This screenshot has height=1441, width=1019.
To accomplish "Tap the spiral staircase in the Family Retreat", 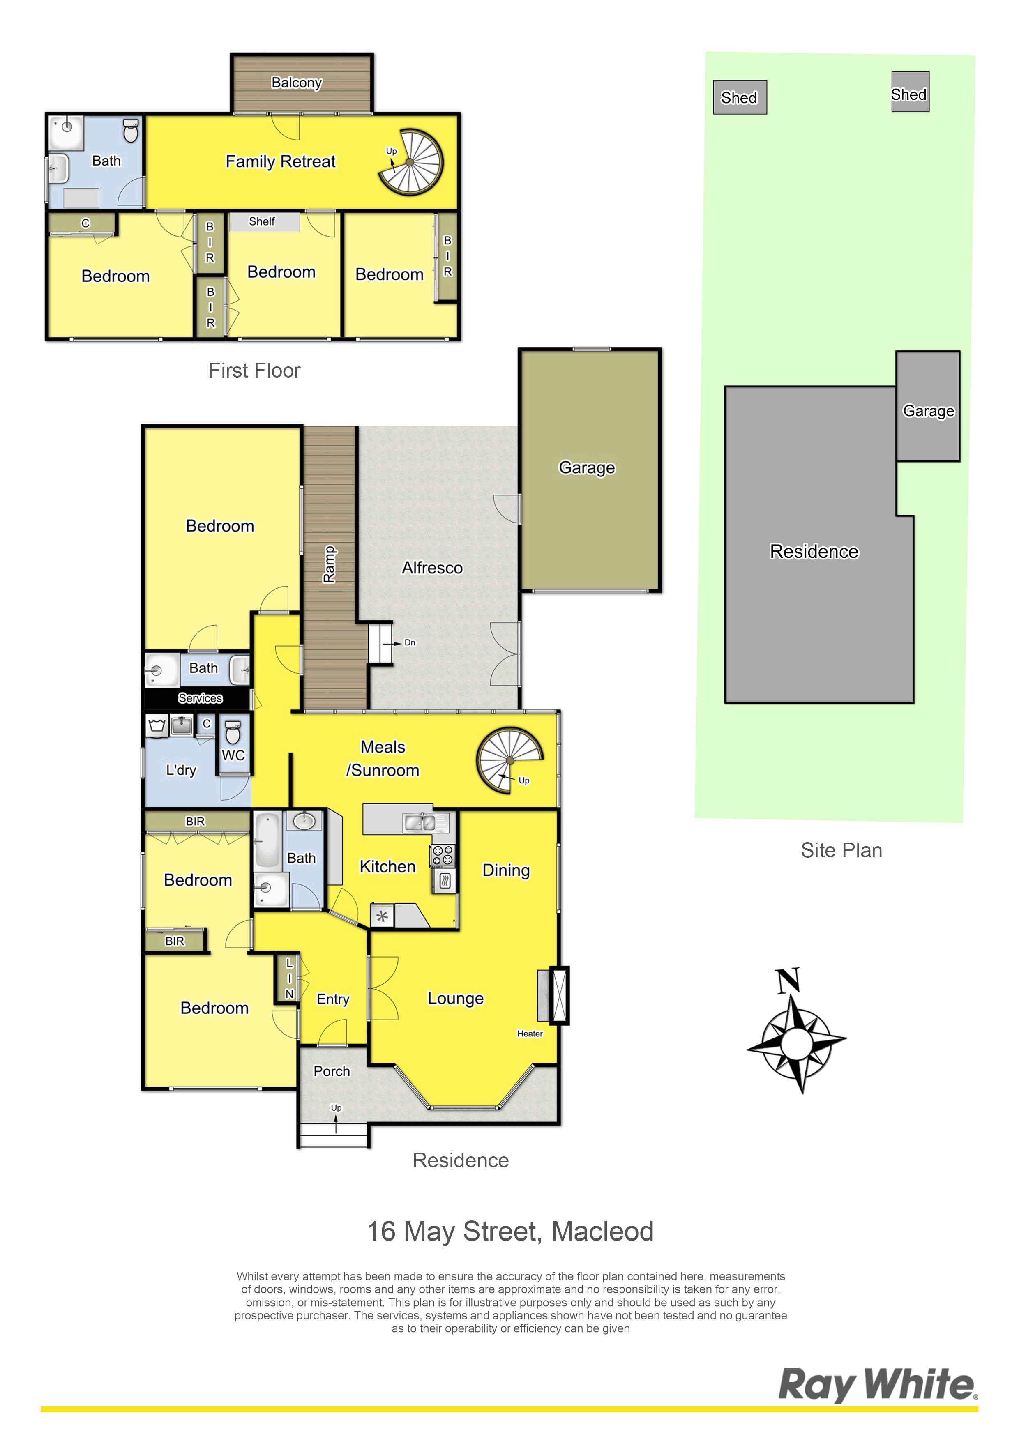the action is (410, 162).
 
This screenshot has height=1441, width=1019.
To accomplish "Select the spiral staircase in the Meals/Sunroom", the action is (509, 760).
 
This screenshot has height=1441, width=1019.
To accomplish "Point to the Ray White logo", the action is (878, 1385).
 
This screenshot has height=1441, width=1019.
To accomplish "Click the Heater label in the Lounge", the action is (530, 1034).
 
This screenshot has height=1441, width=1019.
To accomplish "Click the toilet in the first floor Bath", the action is (131, 131).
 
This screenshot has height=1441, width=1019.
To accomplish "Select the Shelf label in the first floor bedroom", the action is (262, 221).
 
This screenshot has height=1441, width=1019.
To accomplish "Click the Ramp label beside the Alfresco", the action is (330, 565).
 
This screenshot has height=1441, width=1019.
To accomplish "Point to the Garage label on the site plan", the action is (929, 411).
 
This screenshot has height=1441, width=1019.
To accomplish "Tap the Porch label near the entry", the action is (332, 1071).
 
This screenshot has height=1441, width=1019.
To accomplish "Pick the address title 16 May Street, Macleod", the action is (510, 1232).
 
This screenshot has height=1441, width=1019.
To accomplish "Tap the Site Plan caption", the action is (841, 850).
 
